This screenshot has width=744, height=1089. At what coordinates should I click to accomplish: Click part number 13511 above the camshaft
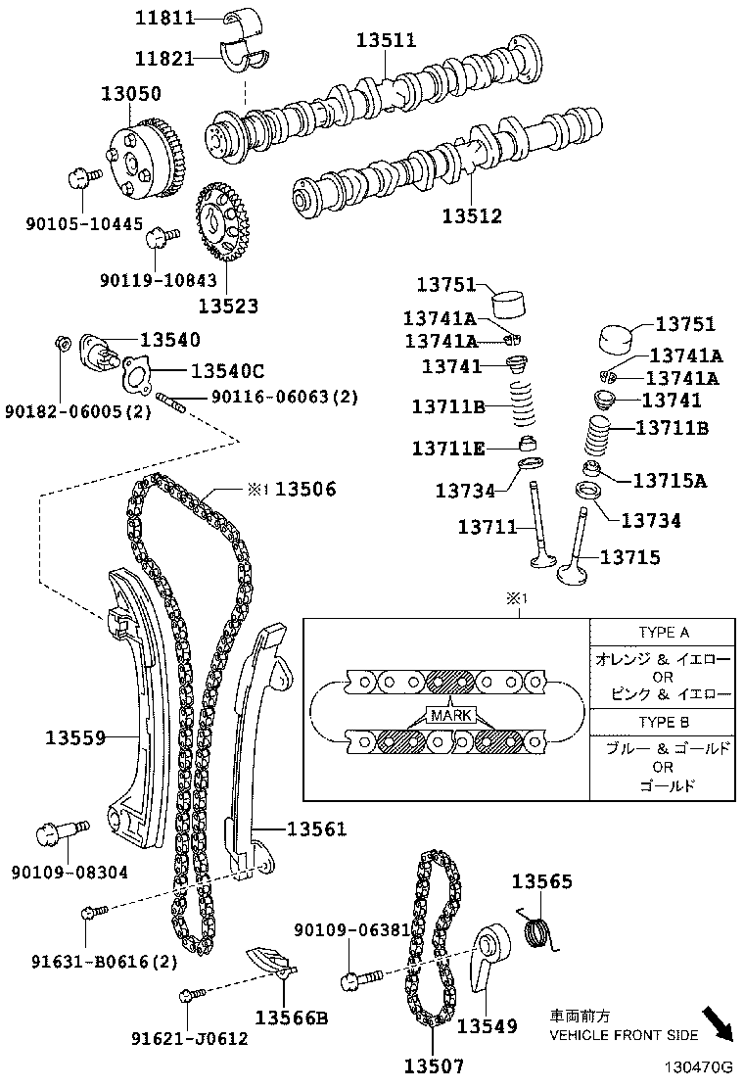pos(386,40)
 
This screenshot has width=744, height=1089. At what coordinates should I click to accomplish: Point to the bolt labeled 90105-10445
pos(81,179)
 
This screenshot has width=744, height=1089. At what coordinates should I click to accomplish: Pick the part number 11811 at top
pos(164,18)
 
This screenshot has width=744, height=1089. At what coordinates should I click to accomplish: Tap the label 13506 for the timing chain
pos(304,489)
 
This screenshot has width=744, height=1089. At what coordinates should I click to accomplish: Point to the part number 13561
pos(316,829)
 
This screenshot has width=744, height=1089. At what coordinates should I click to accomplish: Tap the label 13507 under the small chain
pos(434,1065)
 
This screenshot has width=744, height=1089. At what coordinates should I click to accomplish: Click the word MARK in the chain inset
pos(449,715)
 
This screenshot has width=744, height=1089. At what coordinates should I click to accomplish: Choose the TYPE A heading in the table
pos(663,633)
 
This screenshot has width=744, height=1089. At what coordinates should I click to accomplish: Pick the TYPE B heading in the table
pos(663,722)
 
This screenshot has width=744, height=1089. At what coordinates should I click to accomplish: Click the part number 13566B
pos(292,1017)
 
